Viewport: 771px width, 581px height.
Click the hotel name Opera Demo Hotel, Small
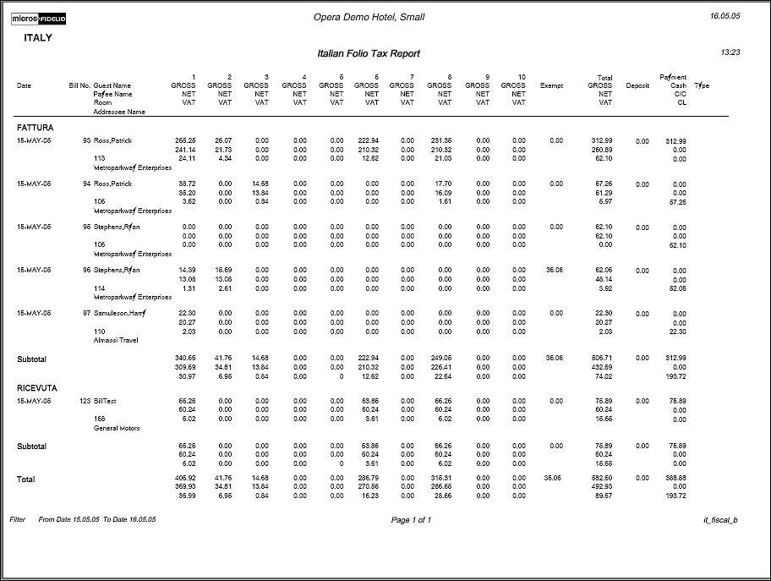[369, 17]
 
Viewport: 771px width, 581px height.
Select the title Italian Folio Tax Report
[369, 53]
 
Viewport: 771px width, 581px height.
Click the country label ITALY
[38, 38]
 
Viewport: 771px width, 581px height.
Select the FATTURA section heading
[36, 127]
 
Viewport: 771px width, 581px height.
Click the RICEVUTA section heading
[37, 388]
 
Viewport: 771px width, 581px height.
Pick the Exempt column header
[551, 85]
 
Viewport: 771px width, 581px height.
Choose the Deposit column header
[637, 85]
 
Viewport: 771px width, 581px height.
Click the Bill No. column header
[79, 85]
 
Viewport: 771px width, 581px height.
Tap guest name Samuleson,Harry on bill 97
[119, 313]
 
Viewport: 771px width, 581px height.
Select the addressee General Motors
[117, 428]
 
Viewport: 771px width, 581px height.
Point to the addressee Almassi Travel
[116, 340]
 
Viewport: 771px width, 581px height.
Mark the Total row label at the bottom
[26, 480]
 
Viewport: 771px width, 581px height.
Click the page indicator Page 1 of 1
[411, 520]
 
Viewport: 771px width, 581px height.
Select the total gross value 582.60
[600, 479]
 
